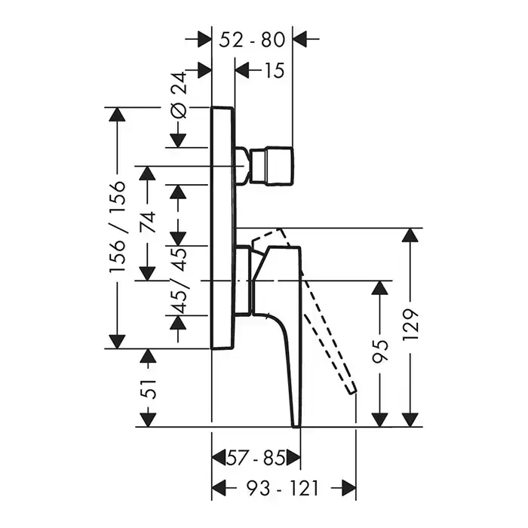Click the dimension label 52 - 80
point(252,38)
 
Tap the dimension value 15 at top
point(274,71)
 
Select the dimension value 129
point(410,324)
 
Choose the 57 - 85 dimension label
point(256,458)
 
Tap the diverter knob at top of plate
point(272,167)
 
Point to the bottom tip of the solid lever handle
point(296,422)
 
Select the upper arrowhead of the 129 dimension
point(410,235)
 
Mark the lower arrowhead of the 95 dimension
point(380,419)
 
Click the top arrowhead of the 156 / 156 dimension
point(118,115)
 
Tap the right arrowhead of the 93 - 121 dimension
point(348,488)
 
